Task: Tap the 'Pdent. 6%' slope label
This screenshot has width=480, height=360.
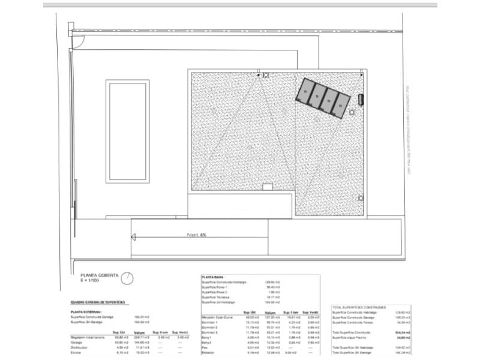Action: tap(196, 235)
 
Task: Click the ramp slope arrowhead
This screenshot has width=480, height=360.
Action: tap(134, 238)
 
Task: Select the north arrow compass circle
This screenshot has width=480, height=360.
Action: tap(127, 278)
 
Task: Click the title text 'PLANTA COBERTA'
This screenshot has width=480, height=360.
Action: tap(100, 274)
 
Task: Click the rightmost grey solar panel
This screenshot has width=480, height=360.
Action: tap(342, 106)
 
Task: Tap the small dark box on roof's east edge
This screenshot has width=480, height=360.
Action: tap(361, 98)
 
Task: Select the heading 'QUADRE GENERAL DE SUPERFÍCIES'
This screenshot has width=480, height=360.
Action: tap(98, 302)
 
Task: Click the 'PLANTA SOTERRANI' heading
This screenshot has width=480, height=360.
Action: tap(86, 312)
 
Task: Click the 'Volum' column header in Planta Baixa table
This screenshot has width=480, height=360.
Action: tap(269, 313)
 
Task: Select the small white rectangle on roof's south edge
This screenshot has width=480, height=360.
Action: tap(268, 187)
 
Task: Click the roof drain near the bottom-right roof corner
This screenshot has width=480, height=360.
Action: tap(360, 198)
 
